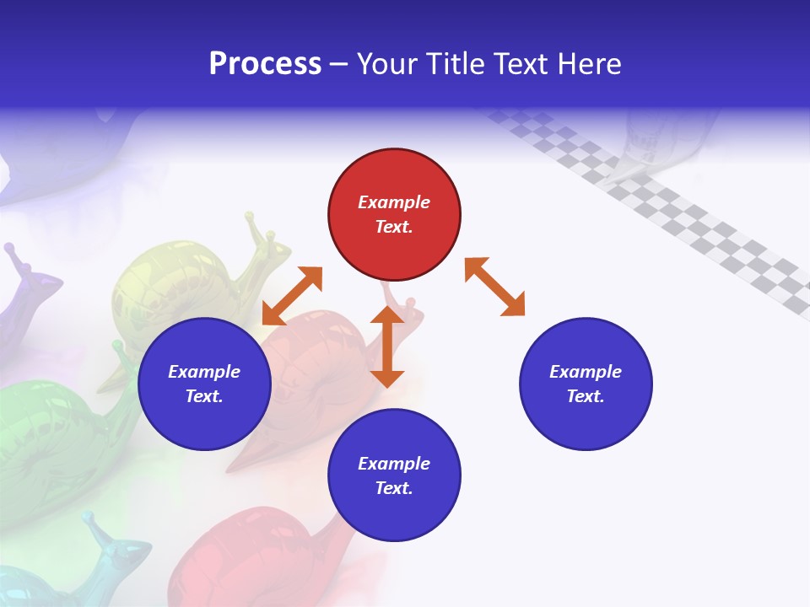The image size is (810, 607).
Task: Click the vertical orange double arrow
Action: [x=387, y=346]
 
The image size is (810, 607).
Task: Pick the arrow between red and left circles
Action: [x=293, y=296]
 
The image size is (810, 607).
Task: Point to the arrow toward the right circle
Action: [x=494, y=287]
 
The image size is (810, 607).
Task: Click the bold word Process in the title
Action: [x=265, y=63]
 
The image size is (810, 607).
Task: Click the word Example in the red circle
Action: [x=394, y=202]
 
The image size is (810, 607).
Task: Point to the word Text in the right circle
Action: [x=586, y=396]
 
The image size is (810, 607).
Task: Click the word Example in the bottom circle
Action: [x=394, y=464]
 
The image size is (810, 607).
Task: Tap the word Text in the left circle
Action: [x=204, y=396]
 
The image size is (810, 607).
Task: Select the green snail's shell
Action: [x=42, y=430]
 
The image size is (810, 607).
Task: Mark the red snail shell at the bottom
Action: [x=245, y=548]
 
